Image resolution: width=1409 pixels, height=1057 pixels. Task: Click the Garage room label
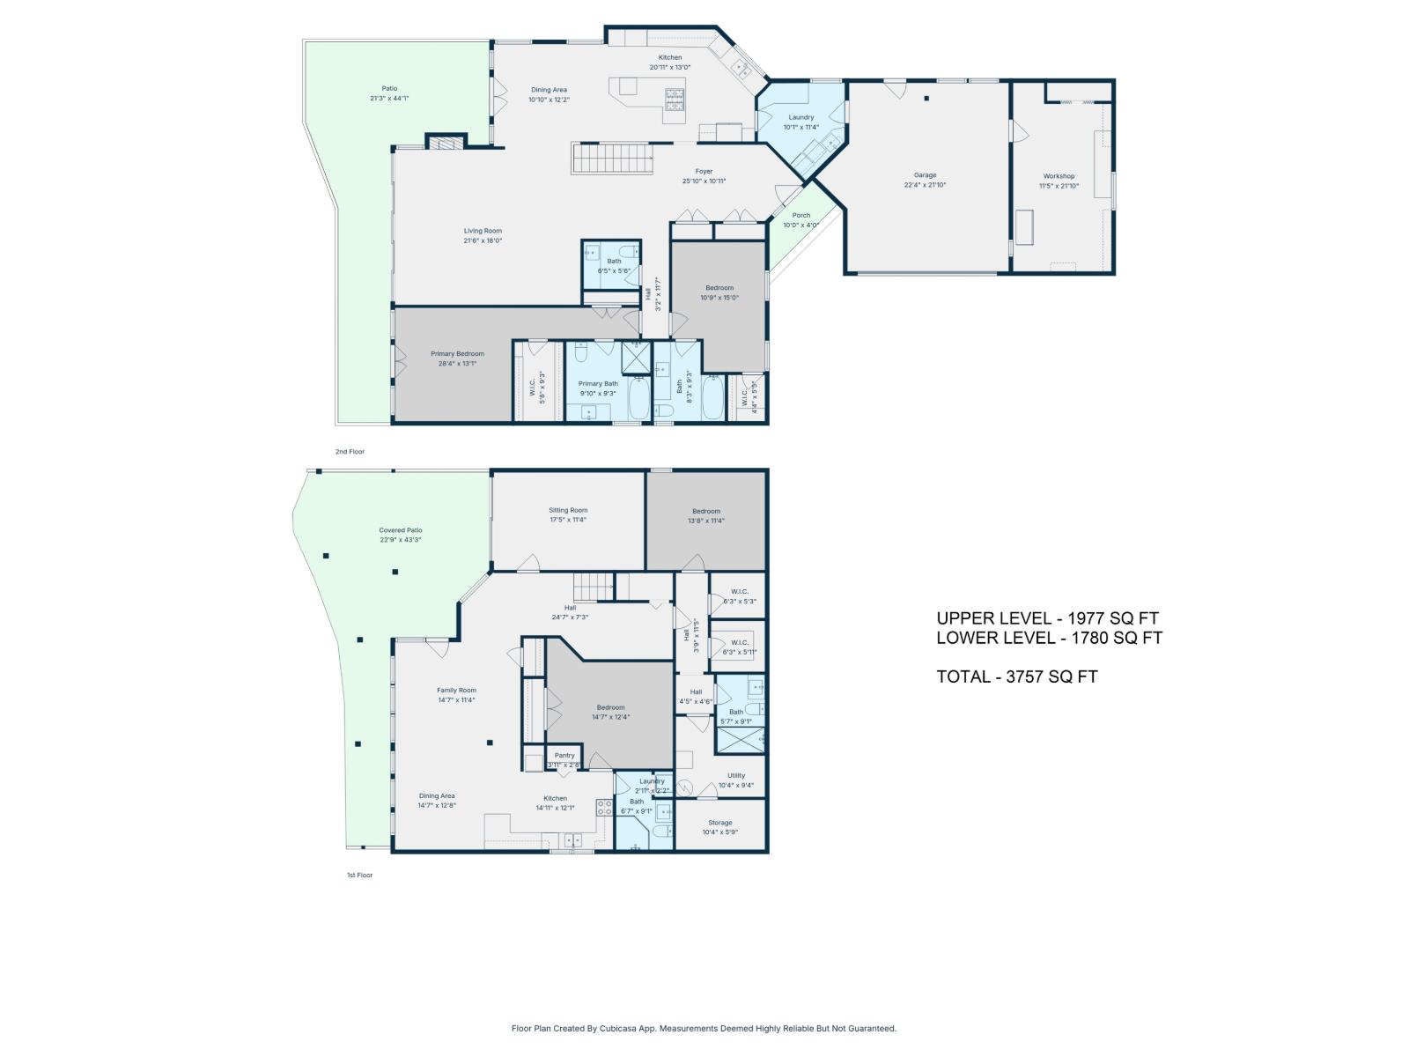(925, 175)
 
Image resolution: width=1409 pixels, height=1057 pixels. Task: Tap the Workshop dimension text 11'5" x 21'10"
(1059, 187)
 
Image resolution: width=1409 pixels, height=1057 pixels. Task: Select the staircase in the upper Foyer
(614, 159)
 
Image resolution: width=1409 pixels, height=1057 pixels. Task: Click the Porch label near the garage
(800, 215)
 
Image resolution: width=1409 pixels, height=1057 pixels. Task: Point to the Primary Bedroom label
(457, 353)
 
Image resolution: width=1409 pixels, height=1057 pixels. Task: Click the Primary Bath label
(598, 383)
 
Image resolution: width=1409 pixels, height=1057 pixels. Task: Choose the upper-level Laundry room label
(800, 117)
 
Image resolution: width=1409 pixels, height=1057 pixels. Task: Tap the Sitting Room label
(568, 510)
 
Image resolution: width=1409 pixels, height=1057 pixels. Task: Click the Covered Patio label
(401, 530)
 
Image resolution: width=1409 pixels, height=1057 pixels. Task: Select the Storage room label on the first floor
(719, 823)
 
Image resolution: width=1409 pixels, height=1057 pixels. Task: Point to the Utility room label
(735, 776)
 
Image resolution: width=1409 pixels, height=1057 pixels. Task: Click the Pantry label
(564, 755)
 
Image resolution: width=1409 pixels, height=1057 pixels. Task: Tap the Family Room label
(456, 691)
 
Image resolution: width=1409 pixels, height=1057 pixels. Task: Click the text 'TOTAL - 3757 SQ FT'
(1016, 677)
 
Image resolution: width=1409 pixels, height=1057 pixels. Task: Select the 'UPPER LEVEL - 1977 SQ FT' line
(1047, 618)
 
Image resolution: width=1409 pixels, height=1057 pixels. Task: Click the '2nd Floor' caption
(350, 452)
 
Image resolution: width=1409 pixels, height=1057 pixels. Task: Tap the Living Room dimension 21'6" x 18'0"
(483, 241)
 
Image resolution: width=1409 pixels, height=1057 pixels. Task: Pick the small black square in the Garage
(926, 99)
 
